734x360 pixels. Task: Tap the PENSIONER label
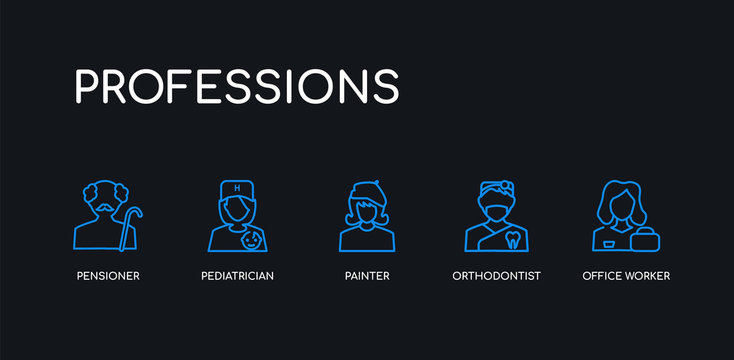click(x=108, y=275)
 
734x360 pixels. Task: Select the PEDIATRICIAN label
click(x=237, y=275)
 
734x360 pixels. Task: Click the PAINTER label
click(x=366, y=275)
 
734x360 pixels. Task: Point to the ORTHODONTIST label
click(x=496, y=275)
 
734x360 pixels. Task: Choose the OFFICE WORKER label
click(x=626, y=275)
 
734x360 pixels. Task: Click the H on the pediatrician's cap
click(x=237, y=188)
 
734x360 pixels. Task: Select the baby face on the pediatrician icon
click(x=253, y=240)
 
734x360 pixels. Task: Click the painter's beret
click(x=367, y=189)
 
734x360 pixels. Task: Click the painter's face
click(x=367, y=211)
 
